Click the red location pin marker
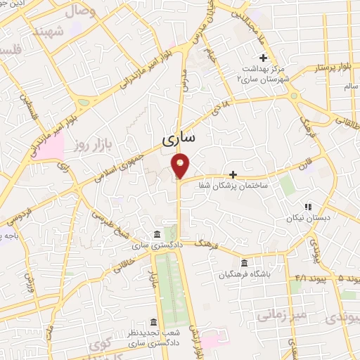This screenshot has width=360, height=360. coord(181,165)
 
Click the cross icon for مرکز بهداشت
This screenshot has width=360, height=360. coord(264,58)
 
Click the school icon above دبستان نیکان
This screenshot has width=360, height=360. coord(307,207)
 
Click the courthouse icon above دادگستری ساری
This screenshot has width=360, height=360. coord(157,235)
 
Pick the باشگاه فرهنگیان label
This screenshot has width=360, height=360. coord(243,275)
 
